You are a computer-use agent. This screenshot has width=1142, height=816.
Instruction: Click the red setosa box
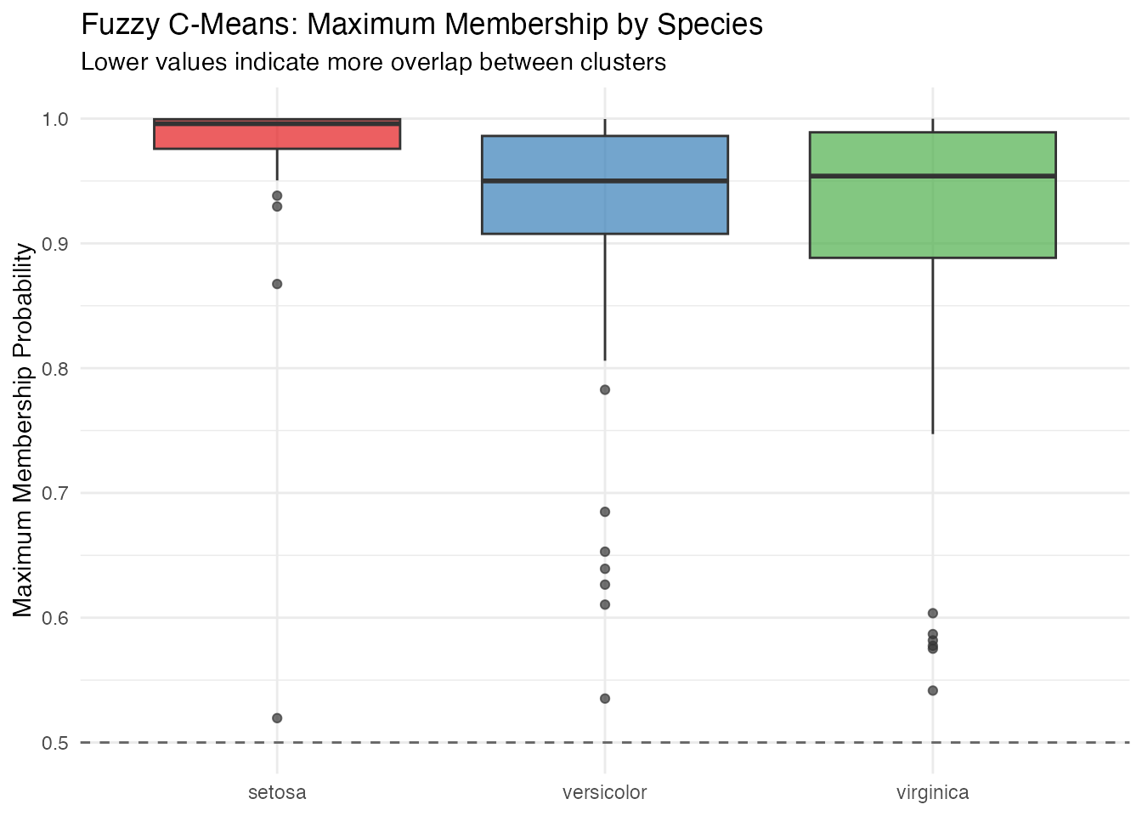point(277,136)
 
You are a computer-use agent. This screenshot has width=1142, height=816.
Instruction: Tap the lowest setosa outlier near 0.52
point(277,718)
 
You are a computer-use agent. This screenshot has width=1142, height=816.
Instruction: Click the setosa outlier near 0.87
point(277,284)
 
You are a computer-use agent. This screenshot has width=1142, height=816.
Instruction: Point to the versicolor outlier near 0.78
point(605,390)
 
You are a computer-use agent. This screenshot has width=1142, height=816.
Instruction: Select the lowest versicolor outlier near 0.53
point(605,699)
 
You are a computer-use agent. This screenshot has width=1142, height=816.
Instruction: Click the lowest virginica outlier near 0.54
point(933,690)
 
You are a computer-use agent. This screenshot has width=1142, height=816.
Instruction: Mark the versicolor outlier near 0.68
point(605,512)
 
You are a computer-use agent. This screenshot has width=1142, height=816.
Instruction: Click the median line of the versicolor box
point(605,181)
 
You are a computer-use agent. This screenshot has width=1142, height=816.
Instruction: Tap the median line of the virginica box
point(933,176)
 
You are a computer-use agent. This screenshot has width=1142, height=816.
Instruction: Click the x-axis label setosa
point(277,793)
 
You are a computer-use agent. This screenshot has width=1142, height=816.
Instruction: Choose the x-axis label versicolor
point(605,793)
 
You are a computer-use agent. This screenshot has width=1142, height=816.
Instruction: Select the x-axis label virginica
point(933,793)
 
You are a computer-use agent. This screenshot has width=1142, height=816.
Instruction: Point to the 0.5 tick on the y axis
point(55,743)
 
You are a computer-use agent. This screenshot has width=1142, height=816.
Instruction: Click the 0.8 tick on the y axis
point(55,369)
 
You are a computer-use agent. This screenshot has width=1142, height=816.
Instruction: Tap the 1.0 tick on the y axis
point(55,119)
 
